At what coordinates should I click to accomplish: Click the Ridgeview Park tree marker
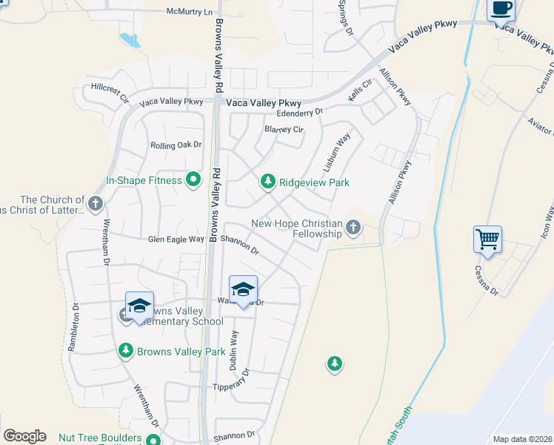coord(267,181)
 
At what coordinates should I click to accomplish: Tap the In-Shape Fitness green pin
coord(193,179)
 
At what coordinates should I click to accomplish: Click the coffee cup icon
coord(501,9)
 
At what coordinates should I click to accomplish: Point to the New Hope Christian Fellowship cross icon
coord(353,228)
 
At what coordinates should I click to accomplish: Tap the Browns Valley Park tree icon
coord(126,350)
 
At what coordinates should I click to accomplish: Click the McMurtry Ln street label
coord(189,13)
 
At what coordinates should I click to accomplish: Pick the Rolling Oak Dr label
coord(176,145)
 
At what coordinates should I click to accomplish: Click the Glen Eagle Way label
coord(176,239)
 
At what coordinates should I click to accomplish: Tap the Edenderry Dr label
coord(298,112)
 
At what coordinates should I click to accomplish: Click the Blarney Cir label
coord(284,129)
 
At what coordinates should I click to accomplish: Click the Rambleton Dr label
coord(73,326)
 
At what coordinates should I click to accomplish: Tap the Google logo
coord(24,436)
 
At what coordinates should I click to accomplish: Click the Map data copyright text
coord(521,439)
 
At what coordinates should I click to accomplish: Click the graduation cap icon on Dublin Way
coord(243,289)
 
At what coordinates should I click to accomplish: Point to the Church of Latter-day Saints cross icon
coord(95,204)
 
